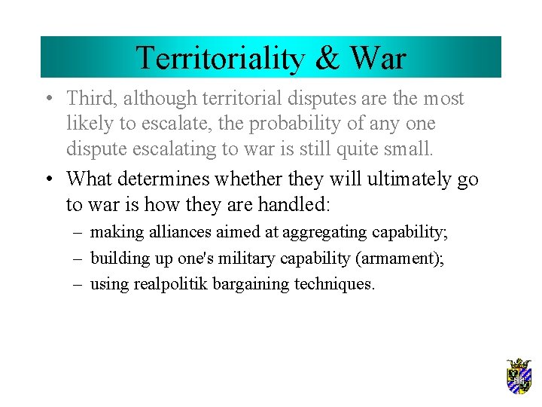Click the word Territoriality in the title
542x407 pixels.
[x=215, y=57]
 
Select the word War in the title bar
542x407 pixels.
[x=378, y=57]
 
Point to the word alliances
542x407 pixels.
[x=170, y=232]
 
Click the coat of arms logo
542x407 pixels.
[x=519, y=376]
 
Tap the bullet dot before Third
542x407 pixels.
[x=47, y=99]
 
